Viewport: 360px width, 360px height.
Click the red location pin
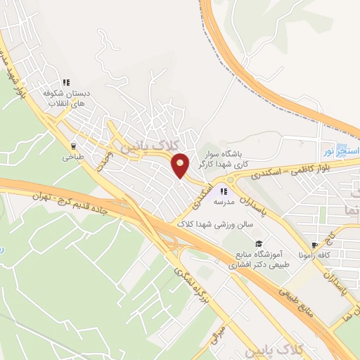coord(181,165)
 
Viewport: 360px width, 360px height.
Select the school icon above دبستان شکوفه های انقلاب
coord(67,82)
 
